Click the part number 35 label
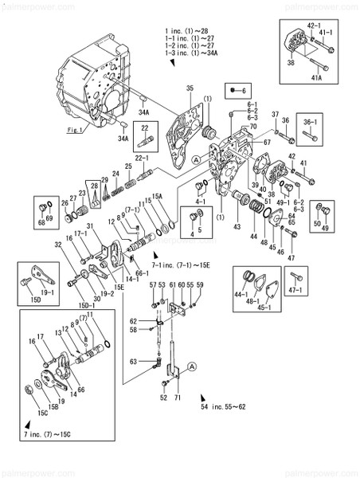[x=190, y=88]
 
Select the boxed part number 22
[x=145, y=127]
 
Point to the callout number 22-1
[x=144, y=159]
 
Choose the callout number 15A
[x=157, y=195]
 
